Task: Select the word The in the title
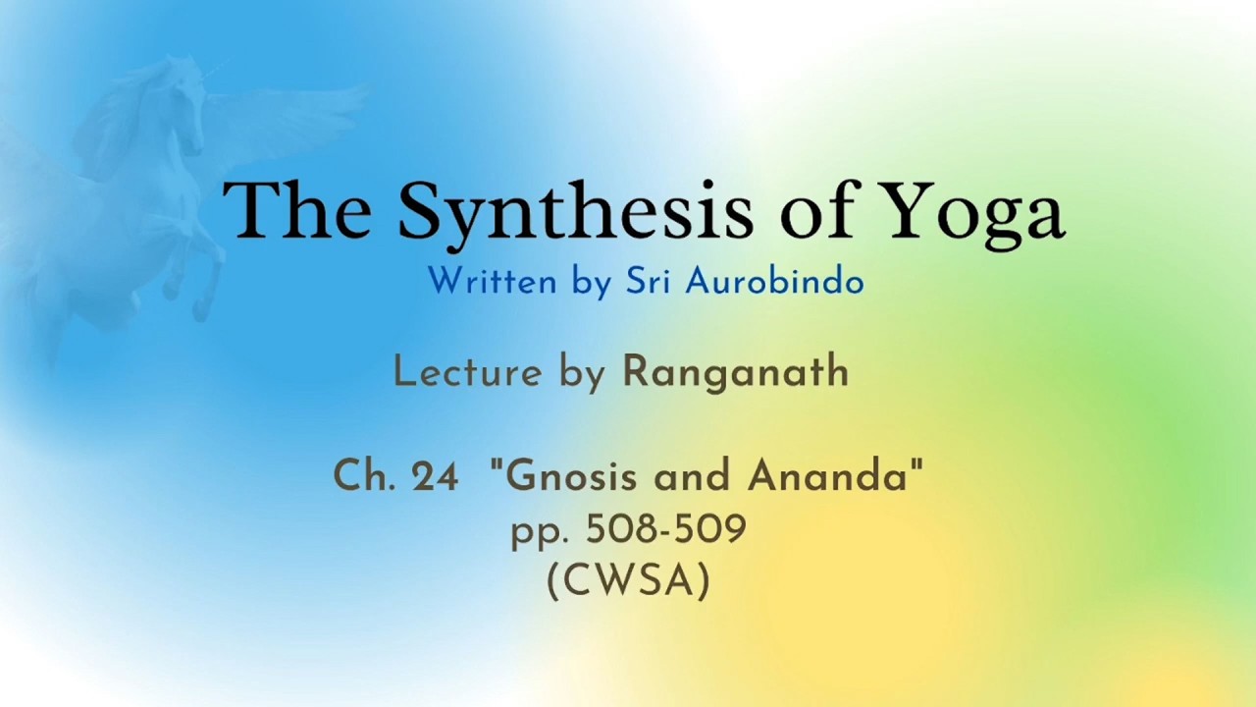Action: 297,210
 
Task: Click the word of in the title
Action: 814,209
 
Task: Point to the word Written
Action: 493,281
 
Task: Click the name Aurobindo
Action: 774,281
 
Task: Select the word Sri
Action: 649,281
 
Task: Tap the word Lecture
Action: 468,372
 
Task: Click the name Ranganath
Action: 736,371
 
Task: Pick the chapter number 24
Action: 435,476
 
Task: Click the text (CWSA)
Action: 628,582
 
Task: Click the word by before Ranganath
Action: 582,375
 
